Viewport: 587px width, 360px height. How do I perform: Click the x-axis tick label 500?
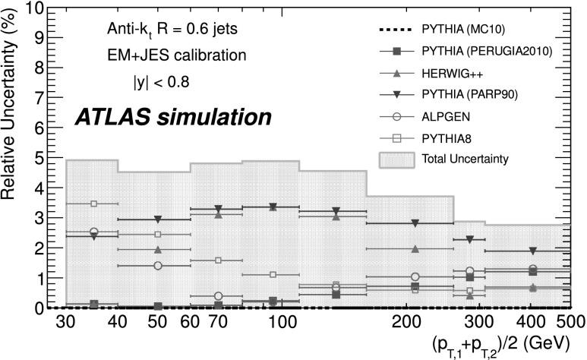pyautogui.click(x=570, y=322)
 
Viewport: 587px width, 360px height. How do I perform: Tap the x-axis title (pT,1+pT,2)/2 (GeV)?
pyautogui.click(x=498, y=343)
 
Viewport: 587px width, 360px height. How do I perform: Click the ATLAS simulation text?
pyautogui.click(x=172, y=117)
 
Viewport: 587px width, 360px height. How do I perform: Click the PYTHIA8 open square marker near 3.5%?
pyautogui.click(x=94, y=204)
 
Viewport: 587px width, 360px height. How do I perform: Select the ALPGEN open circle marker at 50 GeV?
pyautogui.click(x=158, y=265)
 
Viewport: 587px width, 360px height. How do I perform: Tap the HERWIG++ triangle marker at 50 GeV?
pyautogui.click(x=158, y=249)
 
